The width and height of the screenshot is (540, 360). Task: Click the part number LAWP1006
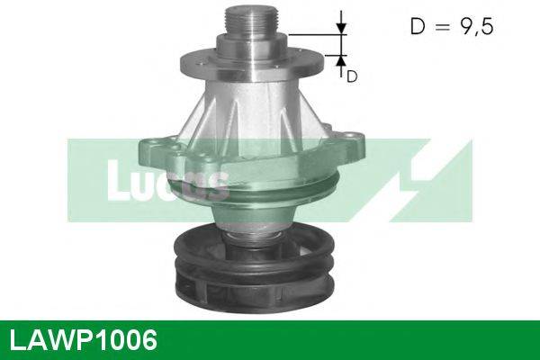tap(82, 339)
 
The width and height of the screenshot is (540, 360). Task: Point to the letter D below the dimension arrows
tap(352, 76)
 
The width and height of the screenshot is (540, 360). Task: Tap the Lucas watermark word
tap(166, 184)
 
